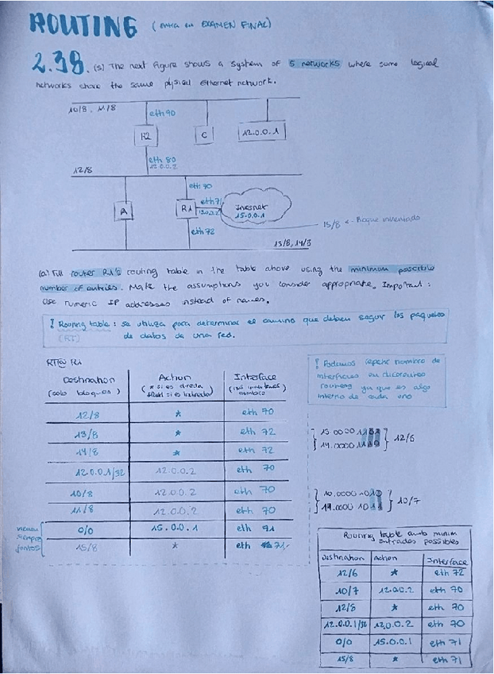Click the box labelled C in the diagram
[203, 137]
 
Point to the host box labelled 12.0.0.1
[262, 132]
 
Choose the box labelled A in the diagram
[123, 211]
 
